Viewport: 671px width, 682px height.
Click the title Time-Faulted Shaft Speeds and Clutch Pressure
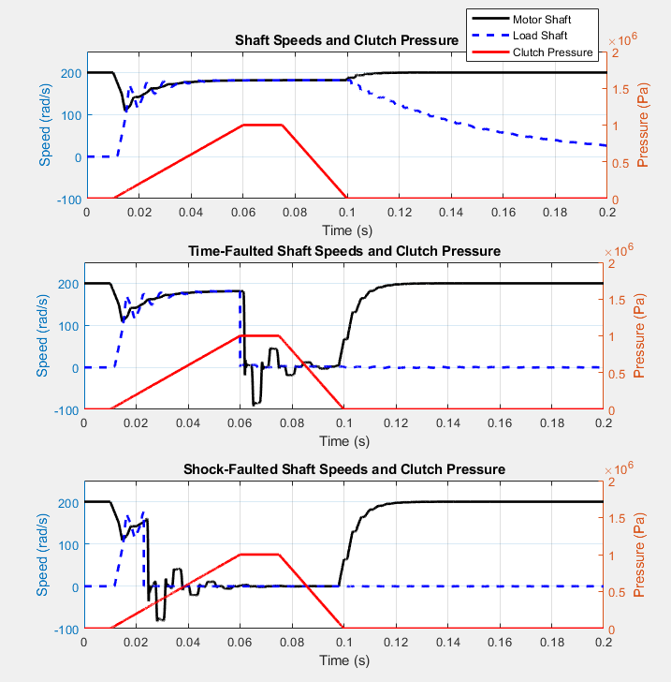(x=344, y=251)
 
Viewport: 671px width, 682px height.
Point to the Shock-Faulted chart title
(x=344, y=468)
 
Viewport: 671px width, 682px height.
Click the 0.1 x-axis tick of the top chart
(x=346, y=213)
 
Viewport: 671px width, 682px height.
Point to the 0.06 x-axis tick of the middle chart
(x=241, y=423)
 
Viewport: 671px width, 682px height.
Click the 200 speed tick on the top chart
(x=69, y=73)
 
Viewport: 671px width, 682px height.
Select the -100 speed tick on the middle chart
(x=66, y=410)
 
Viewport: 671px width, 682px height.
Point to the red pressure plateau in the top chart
(x=262, y=125)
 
